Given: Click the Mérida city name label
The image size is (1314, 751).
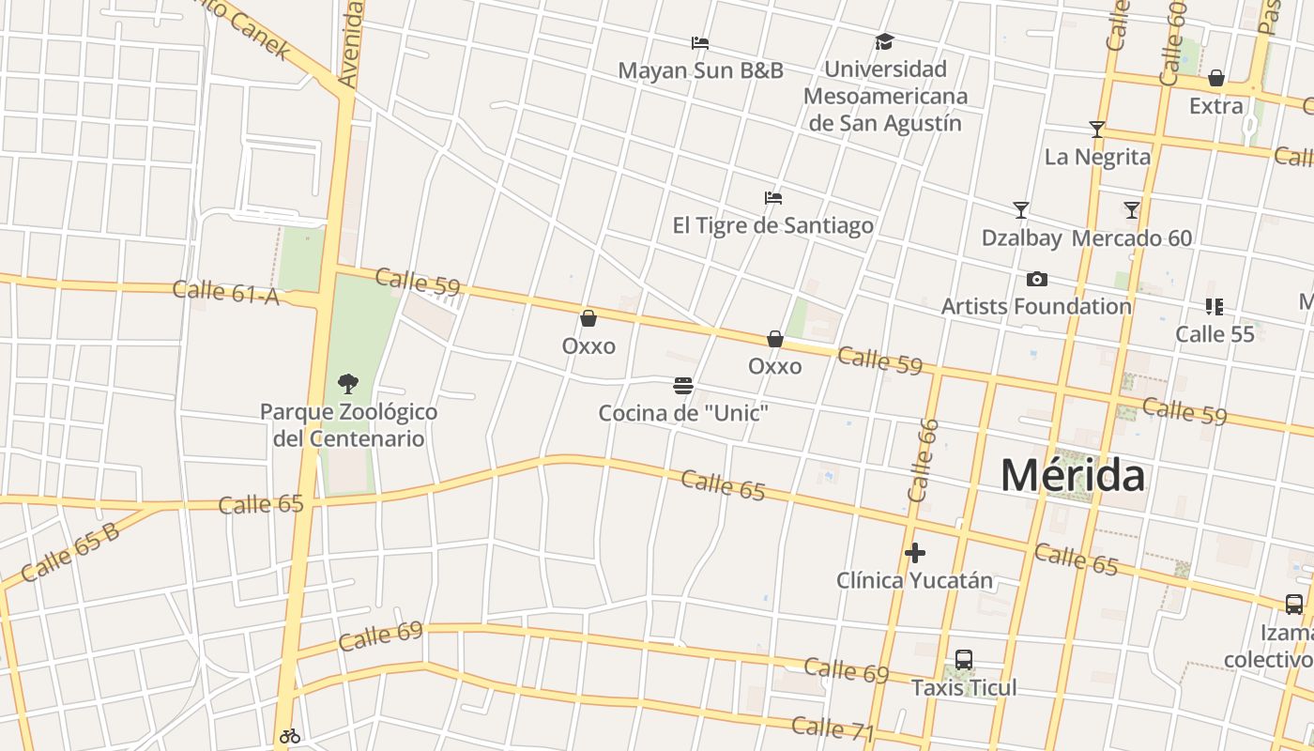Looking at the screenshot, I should (x=1072, y=476).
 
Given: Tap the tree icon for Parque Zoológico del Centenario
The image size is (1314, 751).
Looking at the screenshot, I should (x=348, y=384).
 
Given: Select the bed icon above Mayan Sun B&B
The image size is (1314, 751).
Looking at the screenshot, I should (x=699, y=43).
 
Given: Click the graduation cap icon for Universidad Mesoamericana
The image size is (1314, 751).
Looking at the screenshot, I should (x=884, y=42).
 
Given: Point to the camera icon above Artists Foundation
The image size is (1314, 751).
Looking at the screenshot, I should (x=1036, y=279).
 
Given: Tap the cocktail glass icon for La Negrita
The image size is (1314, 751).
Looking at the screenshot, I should (x=1096, y=130).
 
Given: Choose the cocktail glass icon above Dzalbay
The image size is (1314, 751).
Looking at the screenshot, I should (x=1021, y=210).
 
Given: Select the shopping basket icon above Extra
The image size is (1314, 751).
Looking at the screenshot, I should (x=1215, y=79).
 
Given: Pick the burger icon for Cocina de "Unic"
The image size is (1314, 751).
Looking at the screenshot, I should (x=682, y=386).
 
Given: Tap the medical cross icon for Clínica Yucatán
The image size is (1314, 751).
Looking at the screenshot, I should (x=914, y=554).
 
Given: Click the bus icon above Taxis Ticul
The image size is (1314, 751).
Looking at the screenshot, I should (x=963, y=660).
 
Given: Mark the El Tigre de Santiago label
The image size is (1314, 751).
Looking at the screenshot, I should (x=772, y=225).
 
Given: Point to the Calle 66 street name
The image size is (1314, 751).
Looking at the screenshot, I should (x=923, y=460).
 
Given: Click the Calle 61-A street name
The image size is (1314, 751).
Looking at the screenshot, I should (x=226, y=292).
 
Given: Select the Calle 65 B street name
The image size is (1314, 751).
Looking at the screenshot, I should (x=69, y=552).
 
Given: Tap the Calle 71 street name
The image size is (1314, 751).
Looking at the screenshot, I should (x=833, y=728).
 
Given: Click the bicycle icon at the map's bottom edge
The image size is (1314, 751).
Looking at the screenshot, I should (x=289, y=737).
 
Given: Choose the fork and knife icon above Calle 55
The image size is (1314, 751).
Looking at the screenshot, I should (x=1214, y=307).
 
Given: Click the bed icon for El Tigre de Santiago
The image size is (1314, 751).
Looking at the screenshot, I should (x=772, y=198).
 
